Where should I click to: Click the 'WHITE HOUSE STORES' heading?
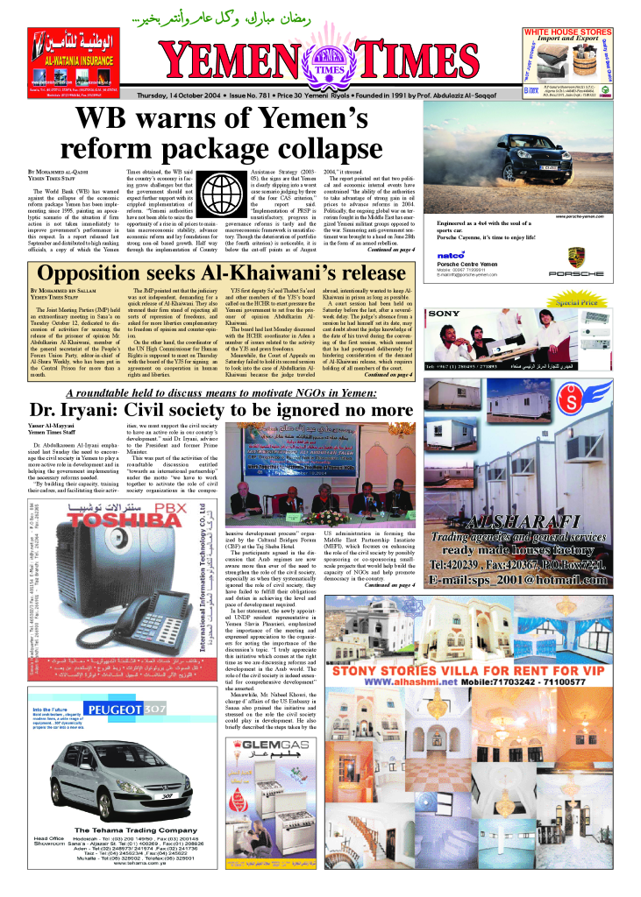(579, 32)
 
